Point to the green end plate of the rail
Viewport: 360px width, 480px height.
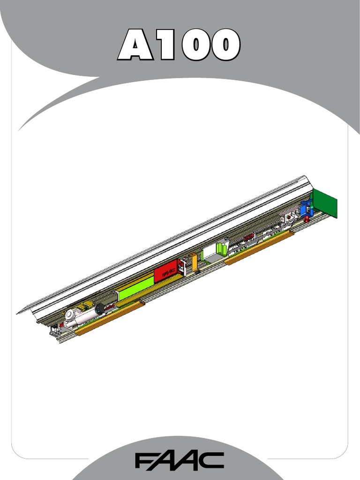326,203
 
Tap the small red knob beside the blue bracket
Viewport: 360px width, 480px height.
307,219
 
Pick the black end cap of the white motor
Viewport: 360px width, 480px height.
100,309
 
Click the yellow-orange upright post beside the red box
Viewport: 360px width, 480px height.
194,261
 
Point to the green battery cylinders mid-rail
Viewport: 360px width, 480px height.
221,248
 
